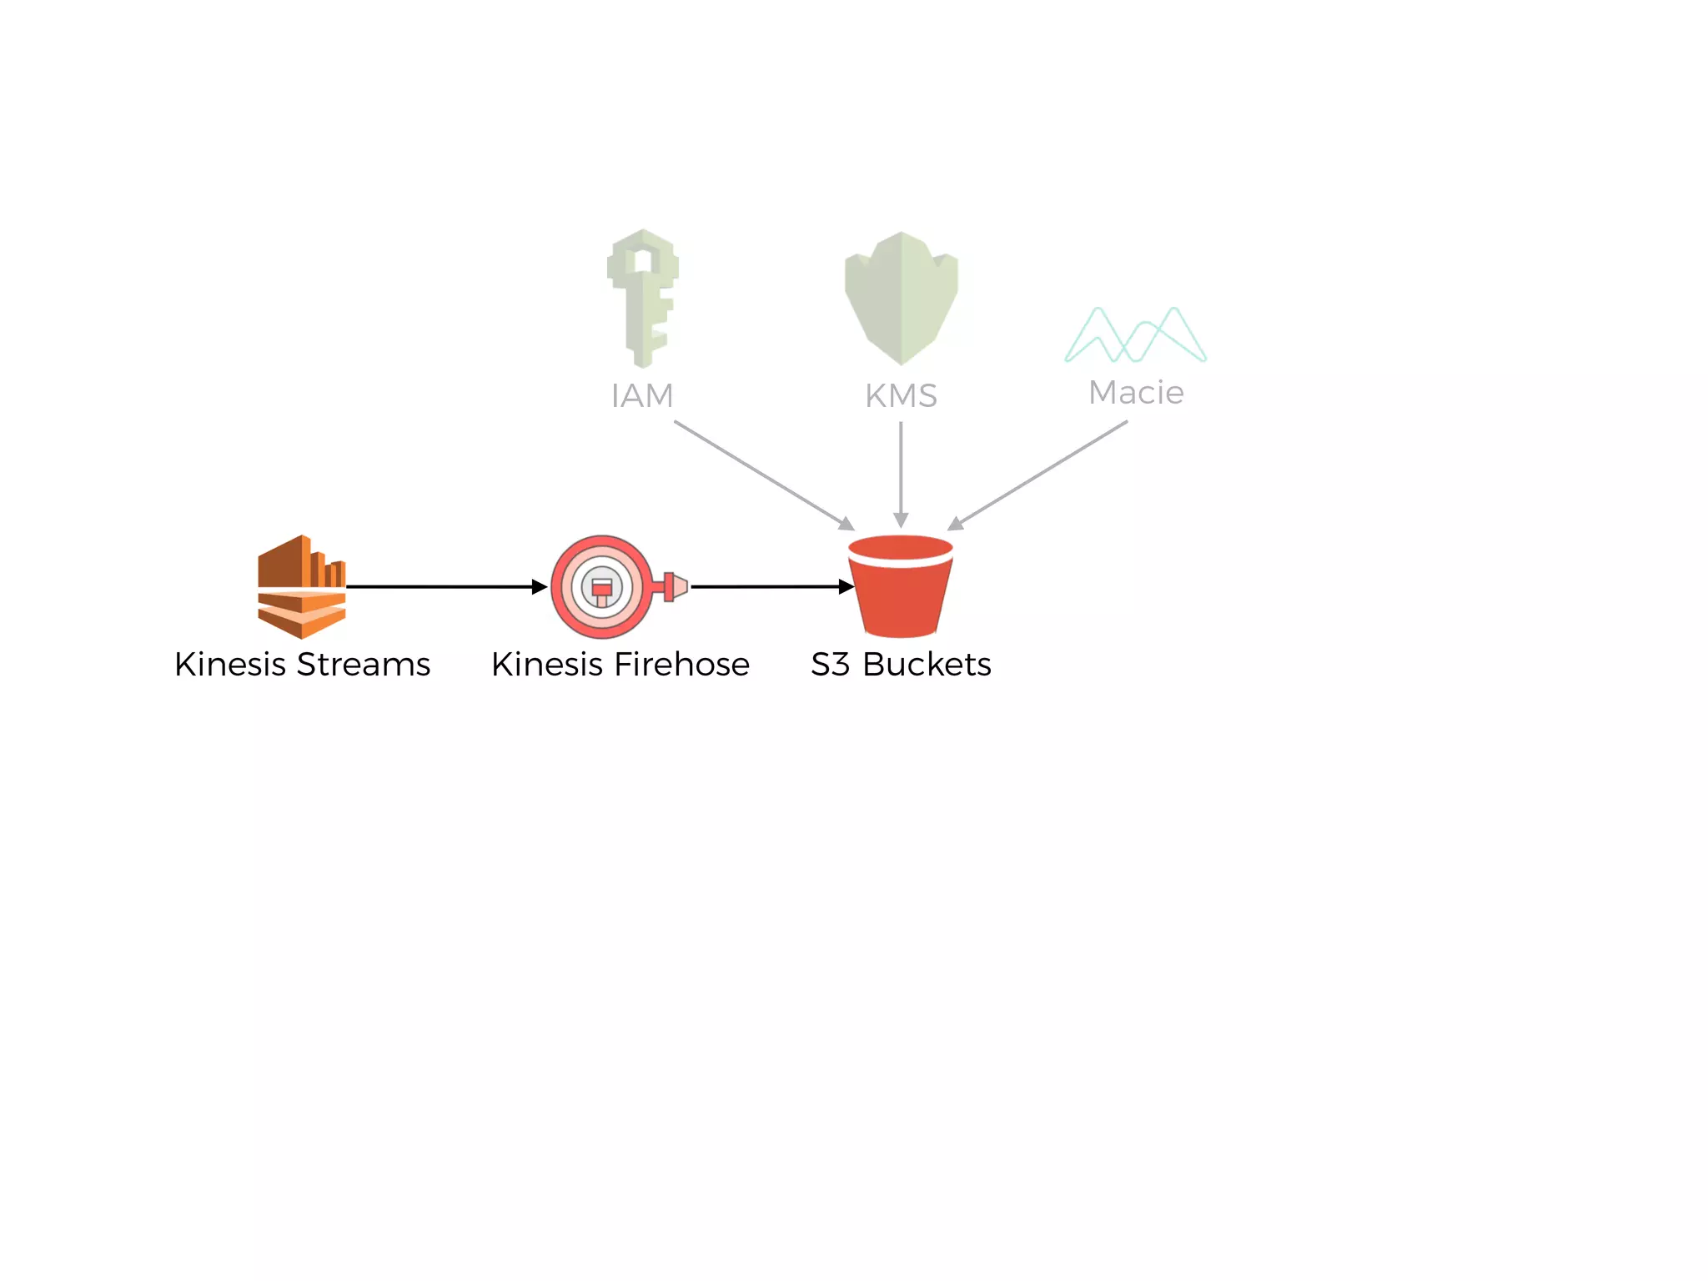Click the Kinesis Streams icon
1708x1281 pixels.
click(301, 586)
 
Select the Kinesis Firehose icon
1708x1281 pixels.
click(603, 586)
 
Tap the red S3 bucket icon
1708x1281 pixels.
click(901, 586)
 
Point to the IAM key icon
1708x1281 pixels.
click(642, 297)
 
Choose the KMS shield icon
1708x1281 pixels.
click(901, 298)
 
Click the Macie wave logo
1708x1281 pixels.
click(1136, 335)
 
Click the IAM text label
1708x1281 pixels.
click(642, 395)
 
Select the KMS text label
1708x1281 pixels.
click(901, 395)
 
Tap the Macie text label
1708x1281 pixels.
click(1136, 392)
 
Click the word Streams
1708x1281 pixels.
click(364, 665)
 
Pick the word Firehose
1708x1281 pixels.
click(681, 665)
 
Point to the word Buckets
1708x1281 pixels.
click(927, 665)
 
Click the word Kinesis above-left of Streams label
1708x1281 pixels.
click(230, 665)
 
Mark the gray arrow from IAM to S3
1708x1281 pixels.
click(763, 475)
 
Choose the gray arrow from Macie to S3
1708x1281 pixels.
click(1038, 475)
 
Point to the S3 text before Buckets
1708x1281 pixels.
click(831, 665)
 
